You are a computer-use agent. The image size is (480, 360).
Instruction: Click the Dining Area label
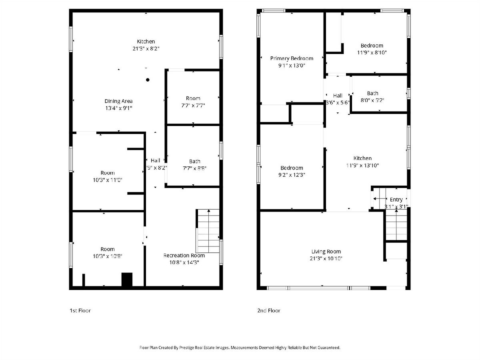118,101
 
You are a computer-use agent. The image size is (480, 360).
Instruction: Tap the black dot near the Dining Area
148,80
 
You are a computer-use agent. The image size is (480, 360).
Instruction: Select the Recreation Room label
184,255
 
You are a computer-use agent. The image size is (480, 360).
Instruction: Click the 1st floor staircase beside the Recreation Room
208,231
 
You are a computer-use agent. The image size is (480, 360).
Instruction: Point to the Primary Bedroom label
292,58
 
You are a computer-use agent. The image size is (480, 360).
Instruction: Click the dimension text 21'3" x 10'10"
326,258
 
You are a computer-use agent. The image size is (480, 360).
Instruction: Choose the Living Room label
326,251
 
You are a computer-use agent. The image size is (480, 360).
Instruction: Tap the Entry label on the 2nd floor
396,199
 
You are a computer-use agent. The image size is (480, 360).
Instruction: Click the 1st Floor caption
80,310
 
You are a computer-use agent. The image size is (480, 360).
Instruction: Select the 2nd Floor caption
269,310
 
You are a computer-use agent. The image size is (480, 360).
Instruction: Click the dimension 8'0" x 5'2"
372,100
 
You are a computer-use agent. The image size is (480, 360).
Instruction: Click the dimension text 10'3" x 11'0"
107,180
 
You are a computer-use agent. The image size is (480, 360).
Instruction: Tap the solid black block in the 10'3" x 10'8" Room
127,279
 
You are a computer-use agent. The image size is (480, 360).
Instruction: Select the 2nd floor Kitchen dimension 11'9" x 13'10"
362,165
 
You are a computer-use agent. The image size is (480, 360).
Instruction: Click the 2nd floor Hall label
338,96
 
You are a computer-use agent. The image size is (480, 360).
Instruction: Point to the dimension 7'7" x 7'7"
193,106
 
